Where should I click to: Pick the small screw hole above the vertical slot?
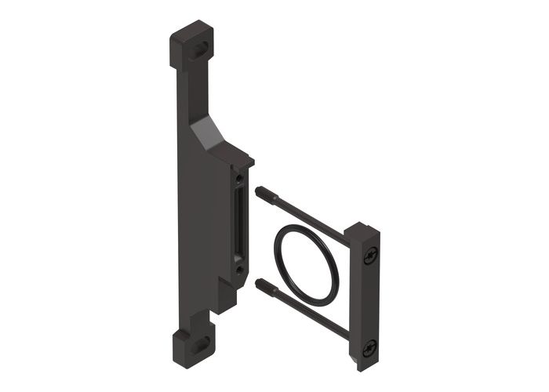click(x=238, y=180)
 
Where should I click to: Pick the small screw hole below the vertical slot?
click(x=238, y=269)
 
